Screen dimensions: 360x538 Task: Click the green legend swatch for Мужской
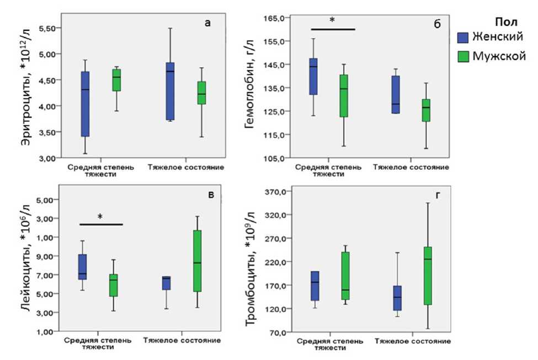click(463, 56)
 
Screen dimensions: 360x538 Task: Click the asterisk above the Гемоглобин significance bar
click(332, 21)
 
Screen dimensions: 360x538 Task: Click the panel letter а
click(207, 23)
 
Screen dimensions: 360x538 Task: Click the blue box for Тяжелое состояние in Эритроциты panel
click(170, 91)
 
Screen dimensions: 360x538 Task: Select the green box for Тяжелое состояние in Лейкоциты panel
click(197, 261)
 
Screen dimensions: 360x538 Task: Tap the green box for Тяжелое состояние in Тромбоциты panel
click(427, 276)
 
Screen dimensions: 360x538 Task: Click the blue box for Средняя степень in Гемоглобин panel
click(313, 76)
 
